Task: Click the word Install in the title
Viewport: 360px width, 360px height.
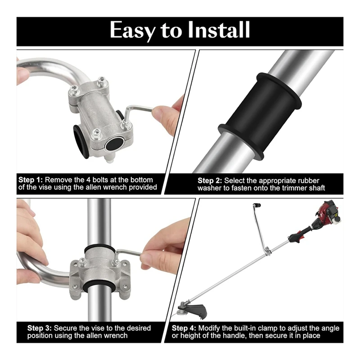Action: [x=219, y=30]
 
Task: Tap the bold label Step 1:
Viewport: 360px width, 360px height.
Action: [x=31, y=180]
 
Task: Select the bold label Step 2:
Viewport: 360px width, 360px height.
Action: [x=210, y=180]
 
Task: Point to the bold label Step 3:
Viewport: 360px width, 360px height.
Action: [x=40, y=328]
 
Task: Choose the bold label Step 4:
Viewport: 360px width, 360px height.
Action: [x=184, y=328]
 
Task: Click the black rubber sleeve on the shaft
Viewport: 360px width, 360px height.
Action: [x=260, y=116]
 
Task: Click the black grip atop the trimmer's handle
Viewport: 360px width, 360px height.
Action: [x=256, y=205]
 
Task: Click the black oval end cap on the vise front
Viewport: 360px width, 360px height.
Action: [x=114, y=144]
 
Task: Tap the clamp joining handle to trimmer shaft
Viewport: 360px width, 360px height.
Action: [x=267, y=251]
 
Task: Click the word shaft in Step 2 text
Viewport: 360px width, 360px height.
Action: [x=317, y=188]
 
